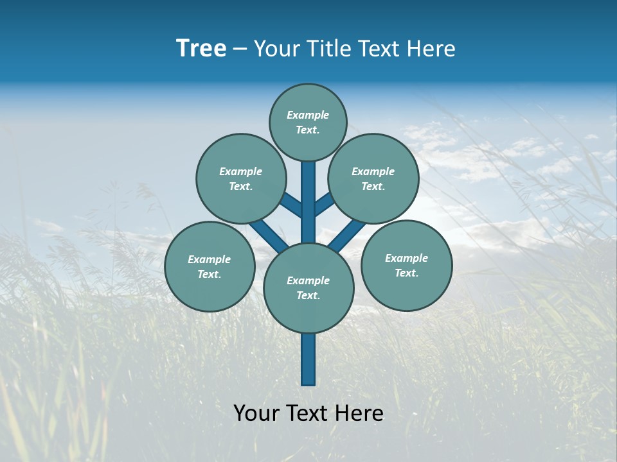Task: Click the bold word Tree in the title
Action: (x=201, y=49)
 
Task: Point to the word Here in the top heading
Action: (x=430, y=49)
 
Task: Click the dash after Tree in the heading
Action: (x=240, y=49)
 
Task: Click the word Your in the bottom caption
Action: (x=256, y=413)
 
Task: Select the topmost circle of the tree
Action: (x=308, y=122)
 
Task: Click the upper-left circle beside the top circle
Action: (x=241, y=178)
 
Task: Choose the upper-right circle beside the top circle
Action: (x=373, y=178)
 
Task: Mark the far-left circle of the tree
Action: (x=210, y=266)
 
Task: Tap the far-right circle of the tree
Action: (x=406, y=265)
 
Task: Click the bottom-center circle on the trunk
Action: (x=308, y=288)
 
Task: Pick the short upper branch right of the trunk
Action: (x=324, y=204)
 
